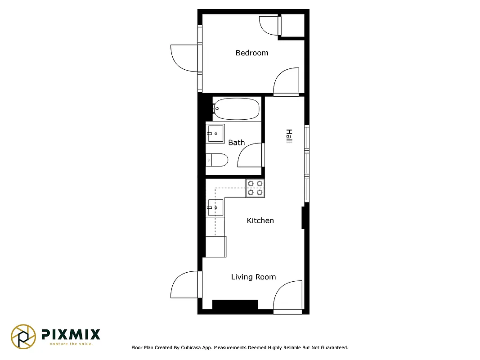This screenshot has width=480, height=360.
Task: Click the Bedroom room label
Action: click(251, 53)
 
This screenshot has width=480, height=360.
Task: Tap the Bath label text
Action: click(236, 143)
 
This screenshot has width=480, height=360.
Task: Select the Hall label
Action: click(289, 136)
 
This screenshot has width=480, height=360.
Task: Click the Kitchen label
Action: click(260, 220)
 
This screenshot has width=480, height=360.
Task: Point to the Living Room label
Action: click(253, 277)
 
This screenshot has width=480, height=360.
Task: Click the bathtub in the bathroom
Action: click(237, 108)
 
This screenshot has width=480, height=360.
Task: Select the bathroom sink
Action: click(215, 133)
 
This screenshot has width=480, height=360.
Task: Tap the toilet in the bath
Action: click(217, 160)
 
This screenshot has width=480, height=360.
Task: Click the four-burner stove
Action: click(255, 188)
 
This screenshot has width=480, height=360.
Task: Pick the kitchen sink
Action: click(215, 207)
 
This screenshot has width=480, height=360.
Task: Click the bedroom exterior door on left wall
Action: click(184, 58)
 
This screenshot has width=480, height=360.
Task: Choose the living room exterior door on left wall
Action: click(184, 285)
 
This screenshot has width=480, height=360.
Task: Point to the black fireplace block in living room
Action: click(235, 305)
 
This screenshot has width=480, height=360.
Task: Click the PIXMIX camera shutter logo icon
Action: click(23, 337)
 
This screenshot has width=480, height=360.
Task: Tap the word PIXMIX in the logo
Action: click(71, 334)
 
